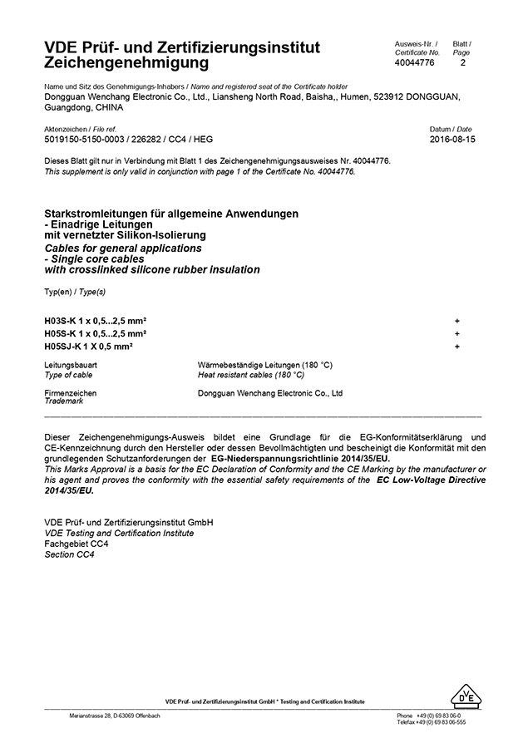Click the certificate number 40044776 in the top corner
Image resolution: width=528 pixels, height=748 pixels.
(415, 62)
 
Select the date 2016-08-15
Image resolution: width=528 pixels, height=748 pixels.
(451, 140)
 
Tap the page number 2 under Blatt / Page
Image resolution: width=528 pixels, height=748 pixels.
(462, 62)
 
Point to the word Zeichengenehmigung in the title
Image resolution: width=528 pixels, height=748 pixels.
(127, 63)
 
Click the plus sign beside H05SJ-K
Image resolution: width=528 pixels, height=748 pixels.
(457, 346)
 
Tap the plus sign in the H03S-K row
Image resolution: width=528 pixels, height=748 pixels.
(457, 320)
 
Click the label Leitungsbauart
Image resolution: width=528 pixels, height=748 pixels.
(72, 366)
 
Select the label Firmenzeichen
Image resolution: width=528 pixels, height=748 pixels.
(70, 393)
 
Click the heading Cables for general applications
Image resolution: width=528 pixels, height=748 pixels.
(123, 248)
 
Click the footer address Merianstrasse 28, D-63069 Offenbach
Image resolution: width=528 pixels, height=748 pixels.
(115, 716)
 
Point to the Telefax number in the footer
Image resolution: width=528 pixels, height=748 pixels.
(431, 722)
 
